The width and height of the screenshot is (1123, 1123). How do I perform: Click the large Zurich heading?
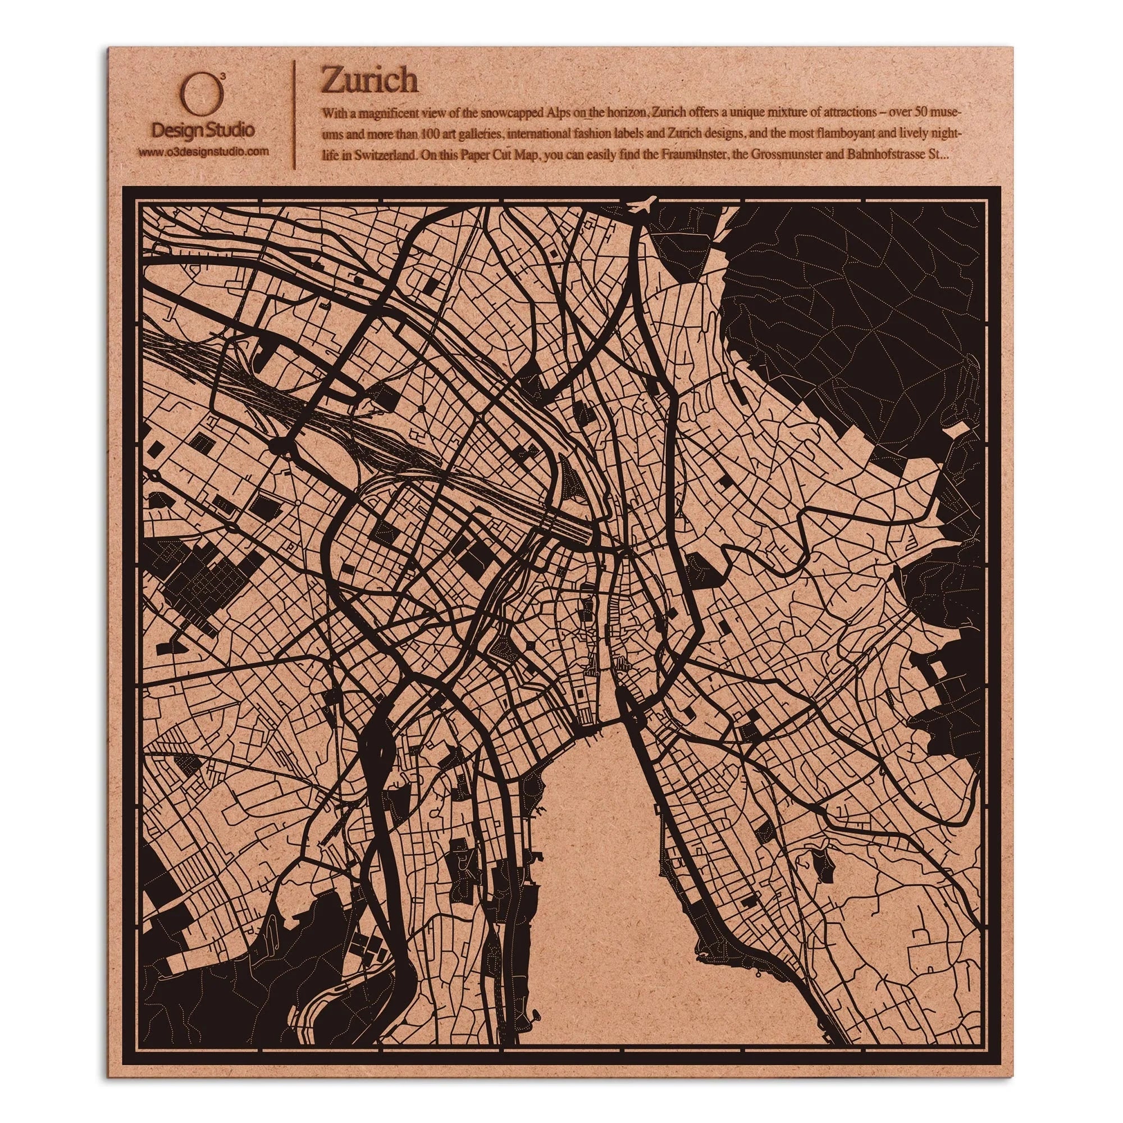tap(369, 81)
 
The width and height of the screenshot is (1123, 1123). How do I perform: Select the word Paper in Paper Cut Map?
tap(485, 154)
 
